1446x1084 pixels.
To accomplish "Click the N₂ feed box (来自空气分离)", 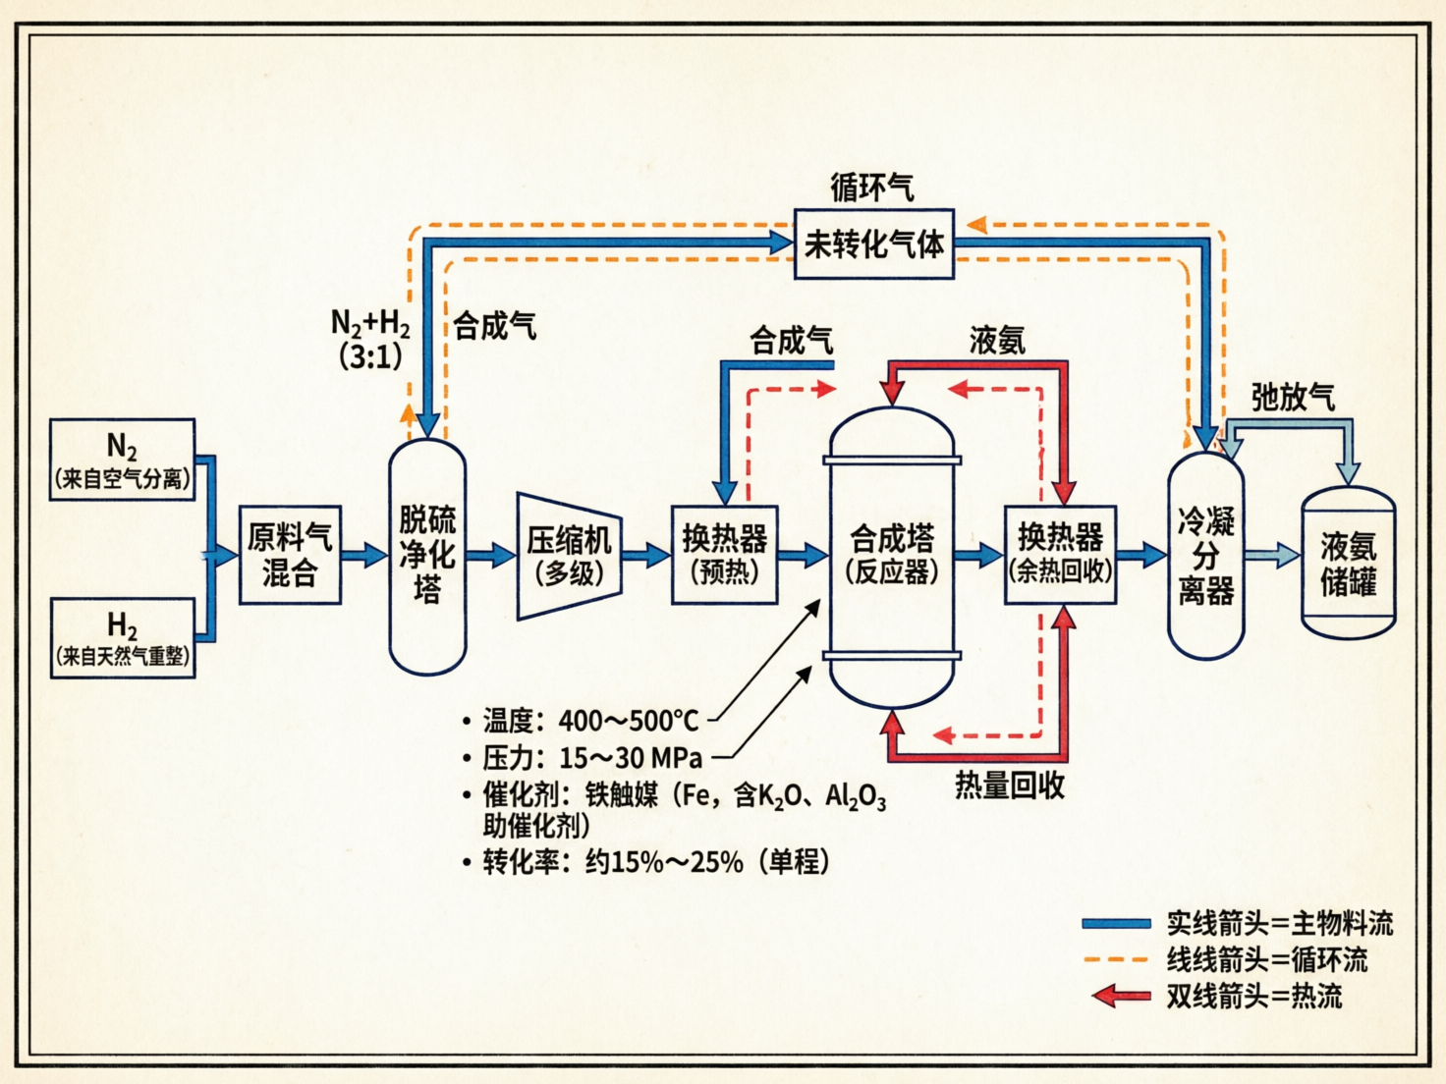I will tap(122, 460).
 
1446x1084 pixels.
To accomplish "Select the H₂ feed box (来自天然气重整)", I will tap(122, 637).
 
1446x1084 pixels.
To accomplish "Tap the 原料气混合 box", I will tap(290, 555).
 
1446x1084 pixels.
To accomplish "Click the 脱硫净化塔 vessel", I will tap(427, 556).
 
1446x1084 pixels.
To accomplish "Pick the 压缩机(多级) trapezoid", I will tap(569, 556).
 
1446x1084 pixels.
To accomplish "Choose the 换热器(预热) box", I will tap(724, 555).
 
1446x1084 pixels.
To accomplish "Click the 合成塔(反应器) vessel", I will tap(892, 556).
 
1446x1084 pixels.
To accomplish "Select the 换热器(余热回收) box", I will tap(1060, 555).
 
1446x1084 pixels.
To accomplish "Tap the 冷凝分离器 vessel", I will tap(1205, 556).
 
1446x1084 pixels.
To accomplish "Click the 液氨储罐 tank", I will tap(1348, 564).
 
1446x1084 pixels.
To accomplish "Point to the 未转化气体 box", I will tap(873, 244).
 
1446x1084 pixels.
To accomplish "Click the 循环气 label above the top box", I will tap(871, 187).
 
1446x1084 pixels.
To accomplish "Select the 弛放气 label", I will tap(1293, 397).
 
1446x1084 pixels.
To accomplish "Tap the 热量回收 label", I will tap(1010, 786).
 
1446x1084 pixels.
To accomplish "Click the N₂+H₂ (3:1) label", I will tap(370, 339).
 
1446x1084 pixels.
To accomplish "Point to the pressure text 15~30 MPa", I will tap(631, 758).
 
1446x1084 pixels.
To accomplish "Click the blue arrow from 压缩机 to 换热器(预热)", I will tap(645, 556).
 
